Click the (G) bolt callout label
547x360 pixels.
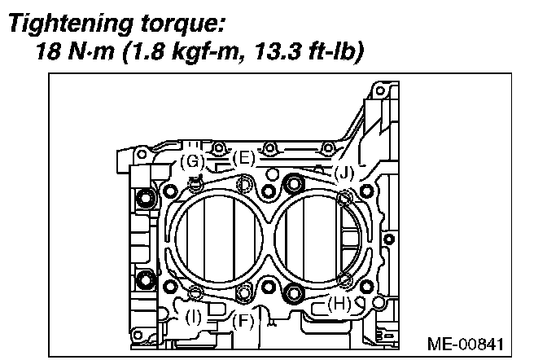coord(192,161)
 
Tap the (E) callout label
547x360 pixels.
coord(244,158)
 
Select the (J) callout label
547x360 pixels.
coord(344,172)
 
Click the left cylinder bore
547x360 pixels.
coord(215,239)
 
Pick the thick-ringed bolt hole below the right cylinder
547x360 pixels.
coord(294,292)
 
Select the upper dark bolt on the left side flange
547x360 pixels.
coord(146,198)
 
